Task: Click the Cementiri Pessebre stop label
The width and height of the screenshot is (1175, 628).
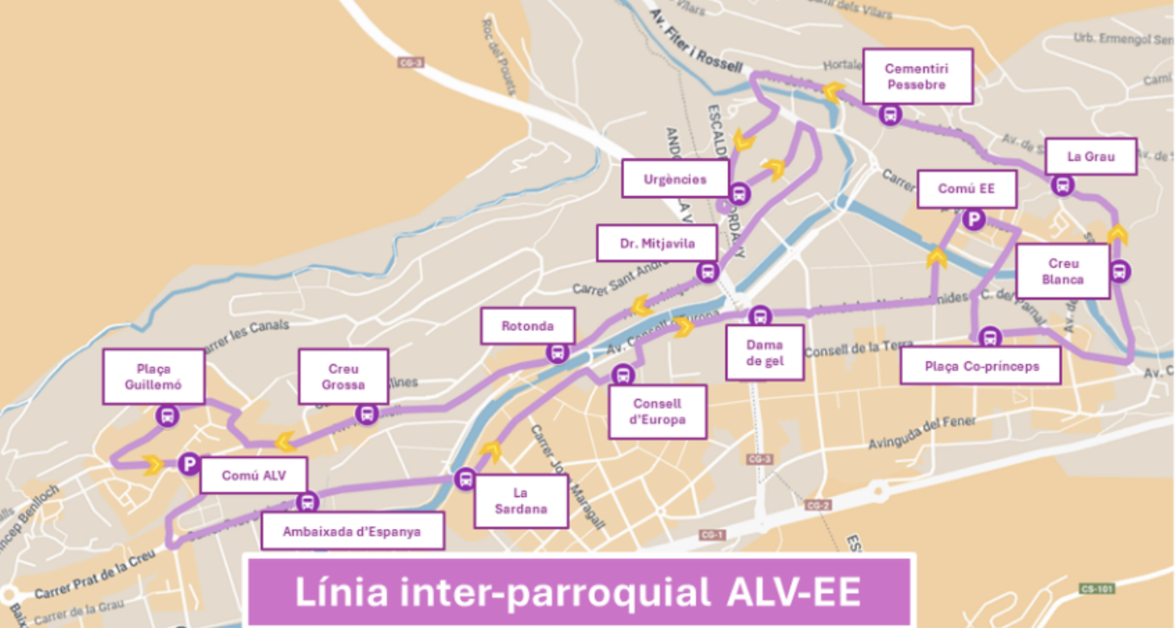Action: tap(917, 76)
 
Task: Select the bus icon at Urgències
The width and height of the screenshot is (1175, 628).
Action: tap(739, 194)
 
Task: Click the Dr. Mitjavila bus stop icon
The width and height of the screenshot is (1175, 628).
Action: tap(707, 271)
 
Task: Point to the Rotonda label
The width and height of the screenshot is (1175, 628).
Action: tap(528, 326)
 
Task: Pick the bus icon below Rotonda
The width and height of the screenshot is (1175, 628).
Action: tap(558, 353)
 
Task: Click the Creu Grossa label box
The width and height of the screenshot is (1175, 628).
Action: tap(343, 376)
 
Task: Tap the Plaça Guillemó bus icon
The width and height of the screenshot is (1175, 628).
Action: tap(168, 416)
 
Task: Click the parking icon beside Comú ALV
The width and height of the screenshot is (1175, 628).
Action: tap(189, 464)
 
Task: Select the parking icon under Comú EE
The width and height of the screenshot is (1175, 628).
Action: tap(973, 219)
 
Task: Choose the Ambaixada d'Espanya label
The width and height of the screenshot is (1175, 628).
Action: tap(352, 531)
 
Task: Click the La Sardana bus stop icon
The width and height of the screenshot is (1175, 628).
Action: tap(465, 479)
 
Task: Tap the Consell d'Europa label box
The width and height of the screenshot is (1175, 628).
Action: tap(657, 412)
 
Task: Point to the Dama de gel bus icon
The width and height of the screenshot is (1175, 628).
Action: tap(759, 316)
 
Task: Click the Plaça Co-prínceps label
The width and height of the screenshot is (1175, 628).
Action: tap(980, 366)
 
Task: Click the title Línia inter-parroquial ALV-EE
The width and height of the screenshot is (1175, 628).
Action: tap(578, 592)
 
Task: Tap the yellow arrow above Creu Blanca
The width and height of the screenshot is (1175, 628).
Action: tap(1118, 234)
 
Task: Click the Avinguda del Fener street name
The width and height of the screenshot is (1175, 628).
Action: tap(922, 433)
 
